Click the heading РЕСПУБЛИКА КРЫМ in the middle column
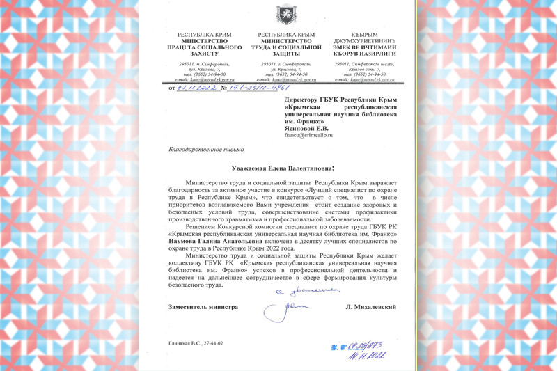(x=286, y=33)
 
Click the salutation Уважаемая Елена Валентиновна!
(x=283, y=168)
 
